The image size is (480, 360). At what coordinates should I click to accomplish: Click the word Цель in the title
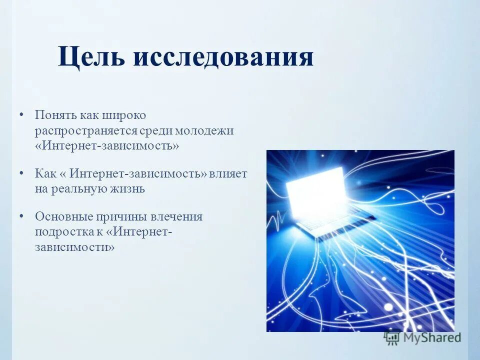click(x=91, y=57)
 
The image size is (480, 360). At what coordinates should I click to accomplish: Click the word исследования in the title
click(x=223, y=56)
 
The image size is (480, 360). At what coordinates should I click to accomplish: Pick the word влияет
click(x=229, y=173)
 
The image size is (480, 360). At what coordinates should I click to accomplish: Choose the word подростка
click(x=61, y=232)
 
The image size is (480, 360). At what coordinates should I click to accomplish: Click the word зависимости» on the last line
click(x=75, y=247)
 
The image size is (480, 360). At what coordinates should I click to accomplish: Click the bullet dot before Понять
click(x=21, y=115)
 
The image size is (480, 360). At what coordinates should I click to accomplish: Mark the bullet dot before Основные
click(x=21, y=216)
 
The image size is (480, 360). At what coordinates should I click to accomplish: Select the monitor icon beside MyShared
click(x=392, y=337)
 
